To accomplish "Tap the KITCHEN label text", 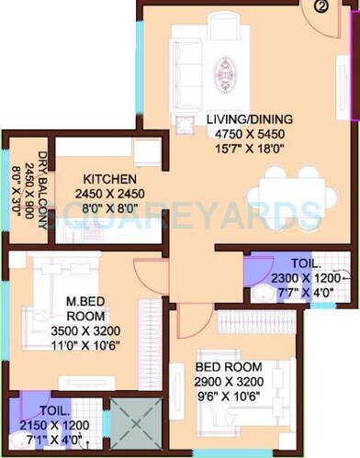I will pos(110,178).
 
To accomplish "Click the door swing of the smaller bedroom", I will pos(193,319).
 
